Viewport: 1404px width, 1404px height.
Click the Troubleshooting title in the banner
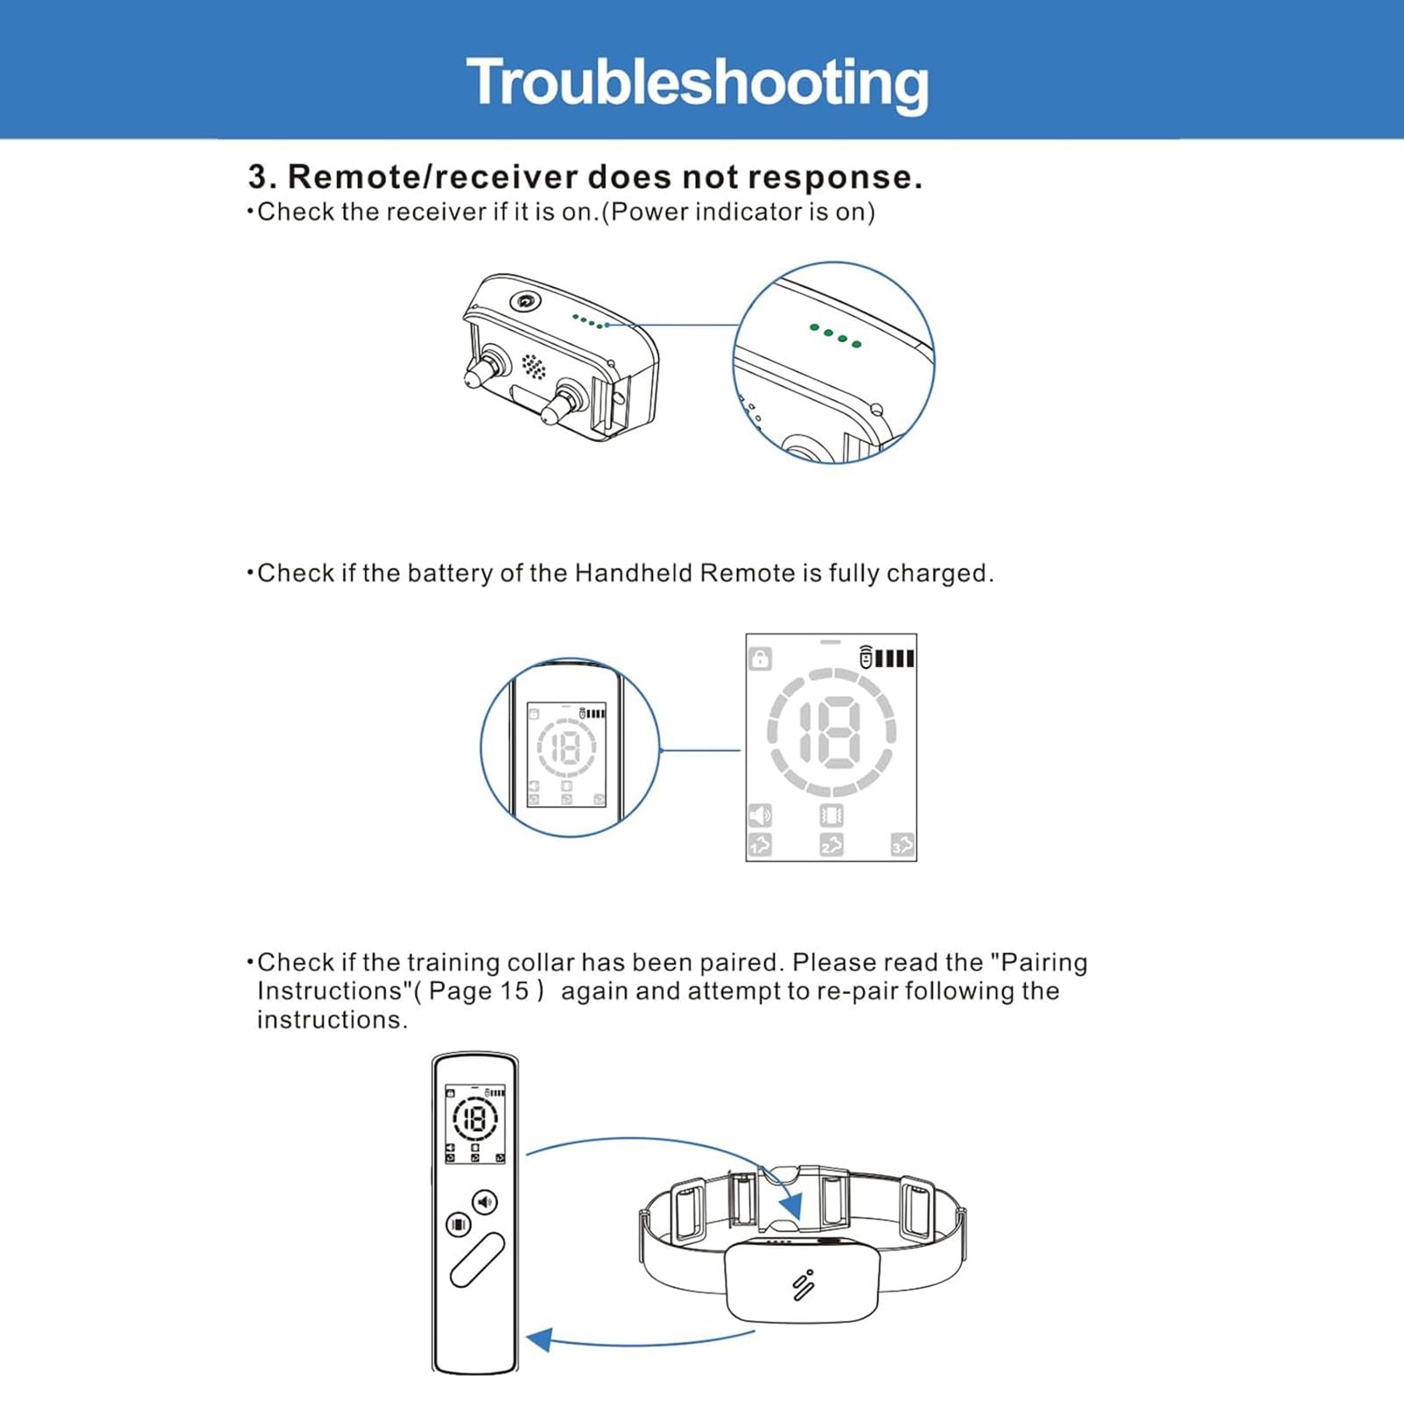[697, 82]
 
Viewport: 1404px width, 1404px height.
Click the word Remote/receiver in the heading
[432, 177]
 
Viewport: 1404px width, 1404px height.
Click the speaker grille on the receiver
[533, 366]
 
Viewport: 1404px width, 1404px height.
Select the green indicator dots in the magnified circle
[835, 335]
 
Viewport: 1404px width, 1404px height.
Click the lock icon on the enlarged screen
[760, 658]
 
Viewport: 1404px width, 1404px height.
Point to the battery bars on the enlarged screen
[894, 658]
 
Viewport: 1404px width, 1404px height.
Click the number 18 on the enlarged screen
[830, 732]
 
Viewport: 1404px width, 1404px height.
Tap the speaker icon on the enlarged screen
[759, 815]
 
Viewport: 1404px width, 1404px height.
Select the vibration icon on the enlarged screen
[831, 816]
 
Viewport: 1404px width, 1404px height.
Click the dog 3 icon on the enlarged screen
[902, 845]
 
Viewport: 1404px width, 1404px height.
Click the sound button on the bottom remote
[485, 1201]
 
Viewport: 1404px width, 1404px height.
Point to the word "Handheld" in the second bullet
[632, 574]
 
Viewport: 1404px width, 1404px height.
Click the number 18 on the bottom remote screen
[475, 1119]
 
